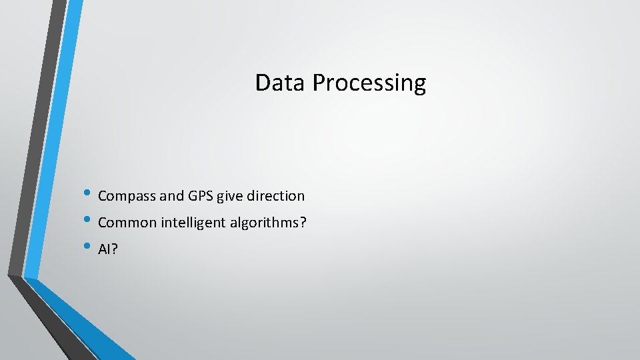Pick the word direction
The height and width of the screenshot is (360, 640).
[x=275, y=196]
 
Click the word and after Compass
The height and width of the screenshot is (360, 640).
[x=171, y=196]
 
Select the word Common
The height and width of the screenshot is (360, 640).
[x=127, y=223]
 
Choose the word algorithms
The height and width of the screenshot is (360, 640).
[x=264, y=223]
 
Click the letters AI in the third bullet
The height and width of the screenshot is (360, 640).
[x=104, y=249]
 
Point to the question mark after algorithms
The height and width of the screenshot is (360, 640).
[x=303, y=223]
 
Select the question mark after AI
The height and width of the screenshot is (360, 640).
[x=114, y=249]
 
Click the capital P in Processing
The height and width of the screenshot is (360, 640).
[x=318, y=83]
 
